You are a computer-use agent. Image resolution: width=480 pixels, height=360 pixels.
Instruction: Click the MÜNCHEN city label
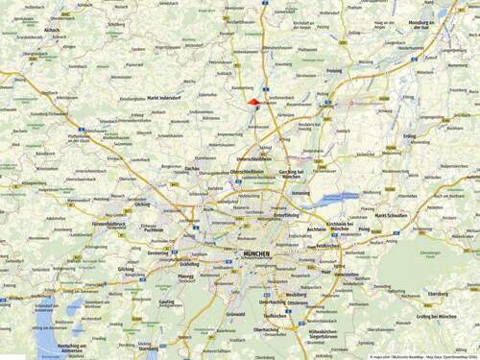pyautogui.click(x=252, y=254)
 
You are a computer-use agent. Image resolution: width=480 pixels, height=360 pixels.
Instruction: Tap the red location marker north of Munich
pyautogui.click(x=253, y=101)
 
